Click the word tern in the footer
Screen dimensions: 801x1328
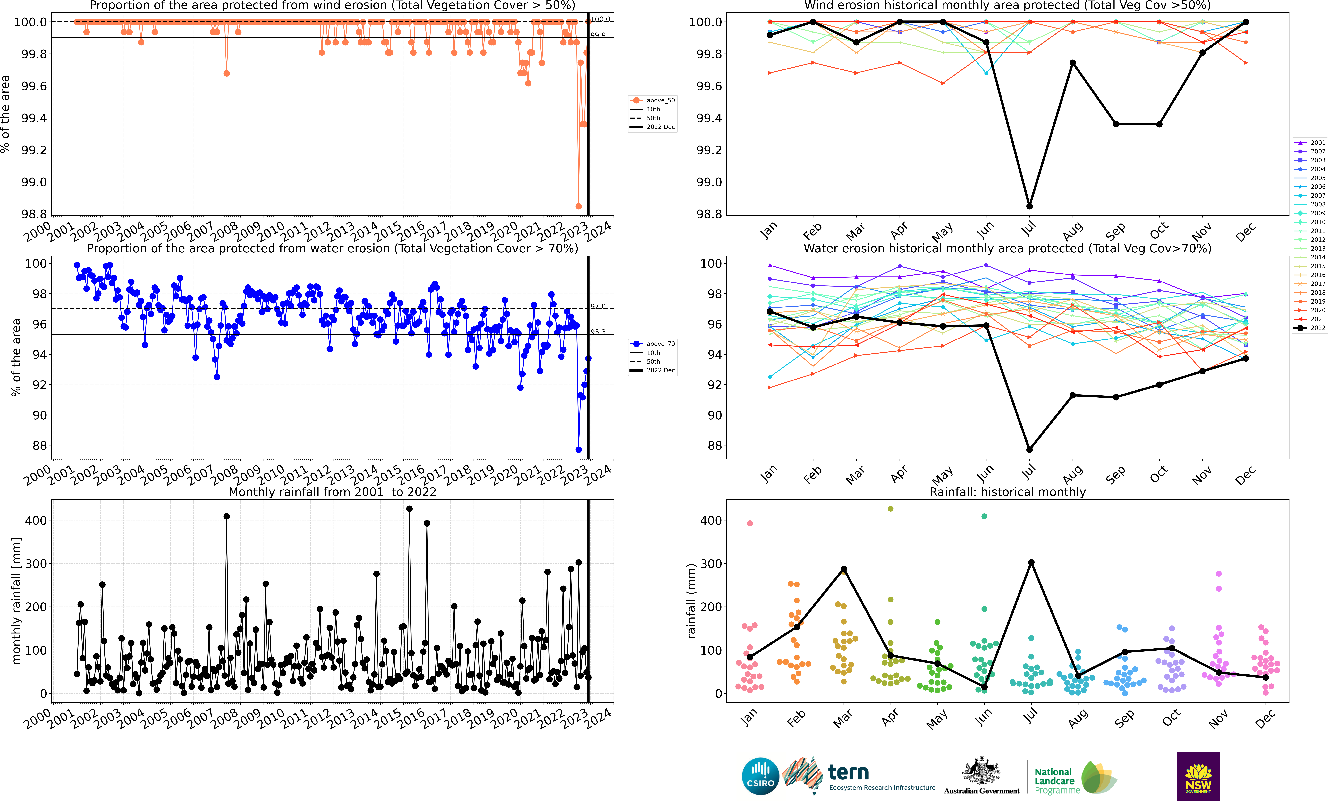pyautogui.click(x=848, y=772)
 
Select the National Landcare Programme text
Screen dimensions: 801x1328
pyautogui.click(x=1056, y=781)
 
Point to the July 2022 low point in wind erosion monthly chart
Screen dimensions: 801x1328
pyautogui.click(x=1029, y=206)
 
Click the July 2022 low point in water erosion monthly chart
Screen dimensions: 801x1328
pyautogui.click(x=1029, y=450)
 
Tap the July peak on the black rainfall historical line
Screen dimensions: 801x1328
pyautogui.click(x=1031, y=562)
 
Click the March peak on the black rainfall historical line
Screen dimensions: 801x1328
pyautogui.click(x=843, y=569)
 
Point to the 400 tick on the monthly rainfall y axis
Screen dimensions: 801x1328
pyautogui.click(x=36, y=520)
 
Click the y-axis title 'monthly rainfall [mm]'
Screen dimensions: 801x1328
pyautogui.click(x=16, y=601)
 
